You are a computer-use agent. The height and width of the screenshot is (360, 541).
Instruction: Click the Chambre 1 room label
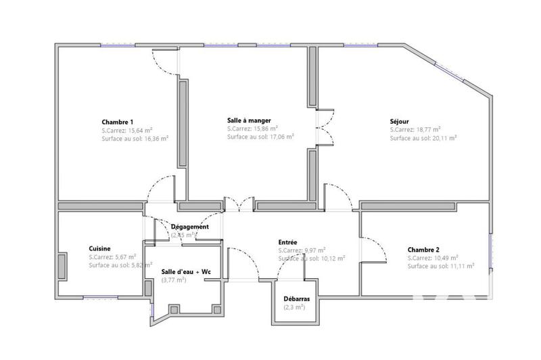click(122, 122)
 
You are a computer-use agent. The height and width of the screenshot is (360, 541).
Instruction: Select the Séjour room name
click(399, 122)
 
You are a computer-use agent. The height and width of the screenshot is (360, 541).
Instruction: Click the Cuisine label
click(99, 248)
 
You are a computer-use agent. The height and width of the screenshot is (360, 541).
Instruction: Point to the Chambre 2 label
click(423, 249)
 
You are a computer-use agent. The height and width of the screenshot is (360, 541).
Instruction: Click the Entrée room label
click(288, 242)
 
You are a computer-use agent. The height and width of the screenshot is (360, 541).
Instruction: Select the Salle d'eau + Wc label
click(186, 271)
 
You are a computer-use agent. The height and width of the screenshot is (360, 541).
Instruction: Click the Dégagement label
click(189, 227)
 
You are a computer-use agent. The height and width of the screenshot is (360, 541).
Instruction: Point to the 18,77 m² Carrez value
click(427, 129)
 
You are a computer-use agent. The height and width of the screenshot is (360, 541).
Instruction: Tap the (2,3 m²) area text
click(294, 307)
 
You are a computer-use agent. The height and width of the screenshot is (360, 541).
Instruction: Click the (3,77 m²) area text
click(174, 280)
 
